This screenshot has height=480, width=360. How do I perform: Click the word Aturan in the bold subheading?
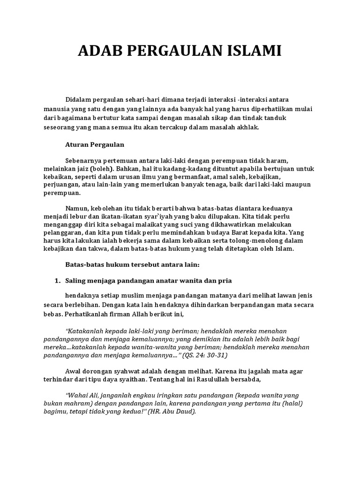(76, 144)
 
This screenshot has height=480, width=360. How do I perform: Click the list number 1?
(58, 281)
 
